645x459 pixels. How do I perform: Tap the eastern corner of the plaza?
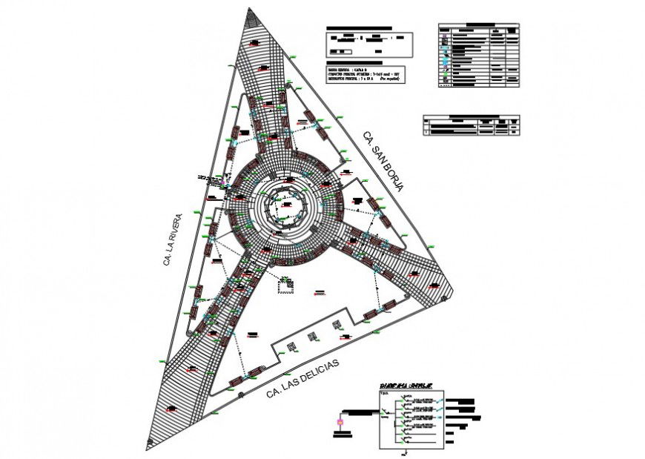click(449, 294)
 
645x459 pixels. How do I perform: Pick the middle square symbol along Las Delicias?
click(314, 337)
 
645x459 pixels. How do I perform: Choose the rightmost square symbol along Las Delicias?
click(337, 324)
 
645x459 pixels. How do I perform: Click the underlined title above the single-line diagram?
click(406, 386)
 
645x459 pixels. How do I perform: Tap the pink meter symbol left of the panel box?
click(340, 423)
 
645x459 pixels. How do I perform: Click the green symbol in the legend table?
click(444, 78)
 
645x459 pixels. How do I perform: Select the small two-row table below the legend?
click(471, 125)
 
